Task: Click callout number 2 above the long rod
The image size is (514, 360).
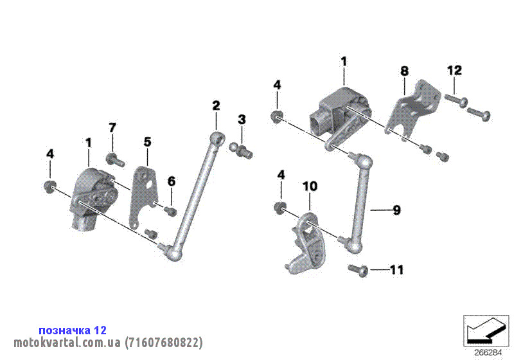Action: tap(216, 106)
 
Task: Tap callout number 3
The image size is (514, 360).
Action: tap(242, 120)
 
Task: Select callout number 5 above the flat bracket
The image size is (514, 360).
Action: tap(148, 142)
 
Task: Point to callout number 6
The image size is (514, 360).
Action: tap(172, 181)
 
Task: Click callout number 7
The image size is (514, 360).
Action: tap(112, 127)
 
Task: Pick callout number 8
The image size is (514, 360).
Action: tap(405, 71)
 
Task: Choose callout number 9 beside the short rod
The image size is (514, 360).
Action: tap(396, 210)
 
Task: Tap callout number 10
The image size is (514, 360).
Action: tap(310, 186)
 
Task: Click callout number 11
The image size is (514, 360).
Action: tap(397, 270)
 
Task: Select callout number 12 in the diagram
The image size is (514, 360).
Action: tap(454, 70)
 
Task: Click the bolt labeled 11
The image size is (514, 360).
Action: tap(358, 270)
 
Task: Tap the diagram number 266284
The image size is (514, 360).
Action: tap(488, 353)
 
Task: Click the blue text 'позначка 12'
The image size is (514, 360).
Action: tap(73, 330)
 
